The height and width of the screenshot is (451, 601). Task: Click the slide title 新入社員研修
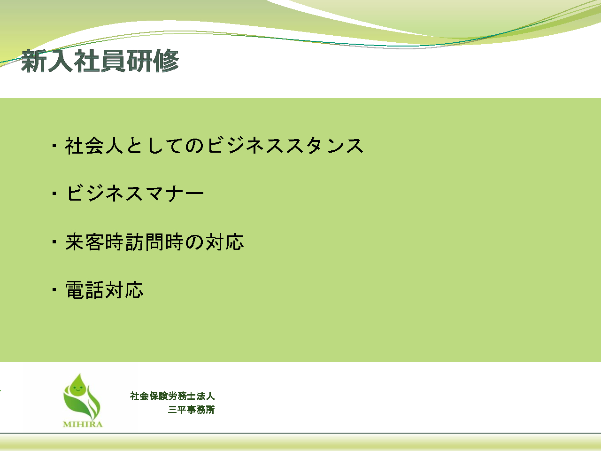point(100,61)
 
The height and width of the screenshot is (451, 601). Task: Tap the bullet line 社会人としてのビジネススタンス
point(215,146)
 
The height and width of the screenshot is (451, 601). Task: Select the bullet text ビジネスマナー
point(135,194)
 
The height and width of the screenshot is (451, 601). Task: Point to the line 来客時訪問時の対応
point(154,242)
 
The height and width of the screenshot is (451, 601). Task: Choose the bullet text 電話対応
point(104,290)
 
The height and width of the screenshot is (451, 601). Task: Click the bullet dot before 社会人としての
point(54,146)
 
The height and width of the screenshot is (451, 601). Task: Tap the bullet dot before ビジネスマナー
point(54,194)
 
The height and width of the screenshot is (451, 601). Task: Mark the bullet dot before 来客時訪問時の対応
point(54,242)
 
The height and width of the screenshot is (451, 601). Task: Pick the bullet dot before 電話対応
point(54,289)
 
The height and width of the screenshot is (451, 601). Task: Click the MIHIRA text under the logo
point(83,424)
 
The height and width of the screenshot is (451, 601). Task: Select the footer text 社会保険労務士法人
point(172,396)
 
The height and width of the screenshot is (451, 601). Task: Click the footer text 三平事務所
point(191,410)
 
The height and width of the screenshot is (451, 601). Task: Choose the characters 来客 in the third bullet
point(85,242)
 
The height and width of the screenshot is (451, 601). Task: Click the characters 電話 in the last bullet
point(85,290)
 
